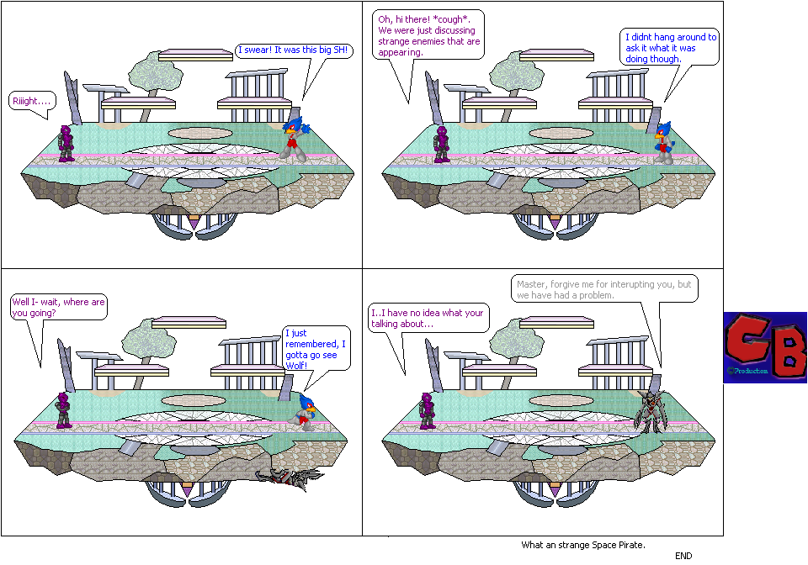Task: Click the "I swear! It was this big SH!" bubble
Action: (292, 51)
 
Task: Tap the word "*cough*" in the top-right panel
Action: (455, 19)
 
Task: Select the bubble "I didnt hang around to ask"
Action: (670, 48)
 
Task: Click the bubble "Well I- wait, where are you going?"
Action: (58, 307)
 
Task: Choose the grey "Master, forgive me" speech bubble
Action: (603, 289)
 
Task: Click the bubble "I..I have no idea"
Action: (428, 318)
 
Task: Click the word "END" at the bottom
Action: (683, 556)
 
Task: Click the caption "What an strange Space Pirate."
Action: (582, 545)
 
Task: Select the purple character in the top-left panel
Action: (66, 143)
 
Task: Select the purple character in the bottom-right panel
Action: (428, 410)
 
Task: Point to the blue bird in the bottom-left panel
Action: (303, 412)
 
